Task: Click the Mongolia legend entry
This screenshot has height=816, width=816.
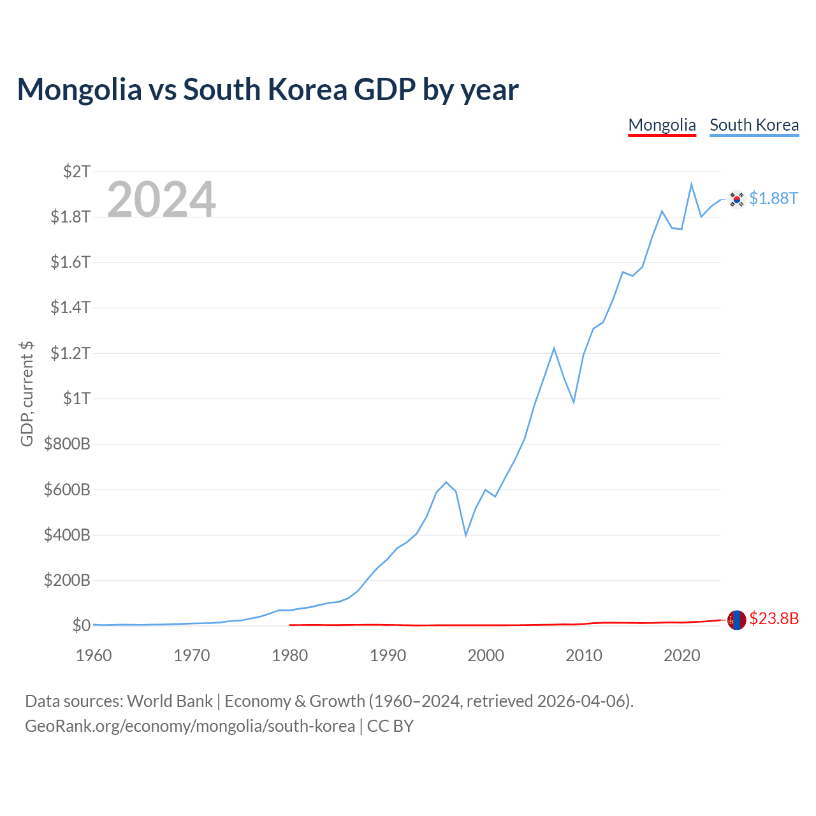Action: pos(662,126)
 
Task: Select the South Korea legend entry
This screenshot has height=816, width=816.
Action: pos(754,126)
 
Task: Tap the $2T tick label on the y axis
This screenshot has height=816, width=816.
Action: pos(77,171)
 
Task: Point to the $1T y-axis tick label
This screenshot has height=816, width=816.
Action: pos(77,398)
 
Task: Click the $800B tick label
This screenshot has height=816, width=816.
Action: pos(68,444)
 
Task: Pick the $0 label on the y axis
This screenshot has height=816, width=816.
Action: pos(82,625)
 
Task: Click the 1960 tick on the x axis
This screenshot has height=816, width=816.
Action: pos(94,655)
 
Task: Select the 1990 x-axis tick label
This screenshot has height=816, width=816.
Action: pos(388,655)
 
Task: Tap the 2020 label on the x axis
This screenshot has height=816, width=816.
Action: pos(681,655)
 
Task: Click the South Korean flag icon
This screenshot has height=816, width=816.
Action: pos(736,199)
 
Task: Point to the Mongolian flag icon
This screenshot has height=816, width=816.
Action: pos(736,620)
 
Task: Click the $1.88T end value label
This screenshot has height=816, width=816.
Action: pos(774,199)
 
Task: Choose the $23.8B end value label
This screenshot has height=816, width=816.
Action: pos(774,618)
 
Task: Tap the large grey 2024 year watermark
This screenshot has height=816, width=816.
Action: pos(161,199)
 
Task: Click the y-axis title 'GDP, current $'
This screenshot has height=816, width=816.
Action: pos(27,394)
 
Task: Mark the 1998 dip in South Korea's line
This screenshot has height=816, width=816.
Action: pos(466,535)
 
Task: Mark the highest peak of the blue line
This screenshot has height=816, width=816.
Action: pos(691,184)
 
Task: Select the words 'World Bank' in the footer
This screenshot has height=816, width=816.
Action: pos(170,701)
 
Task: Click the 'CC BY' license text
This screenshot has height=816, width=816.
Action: pos(390,726)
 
